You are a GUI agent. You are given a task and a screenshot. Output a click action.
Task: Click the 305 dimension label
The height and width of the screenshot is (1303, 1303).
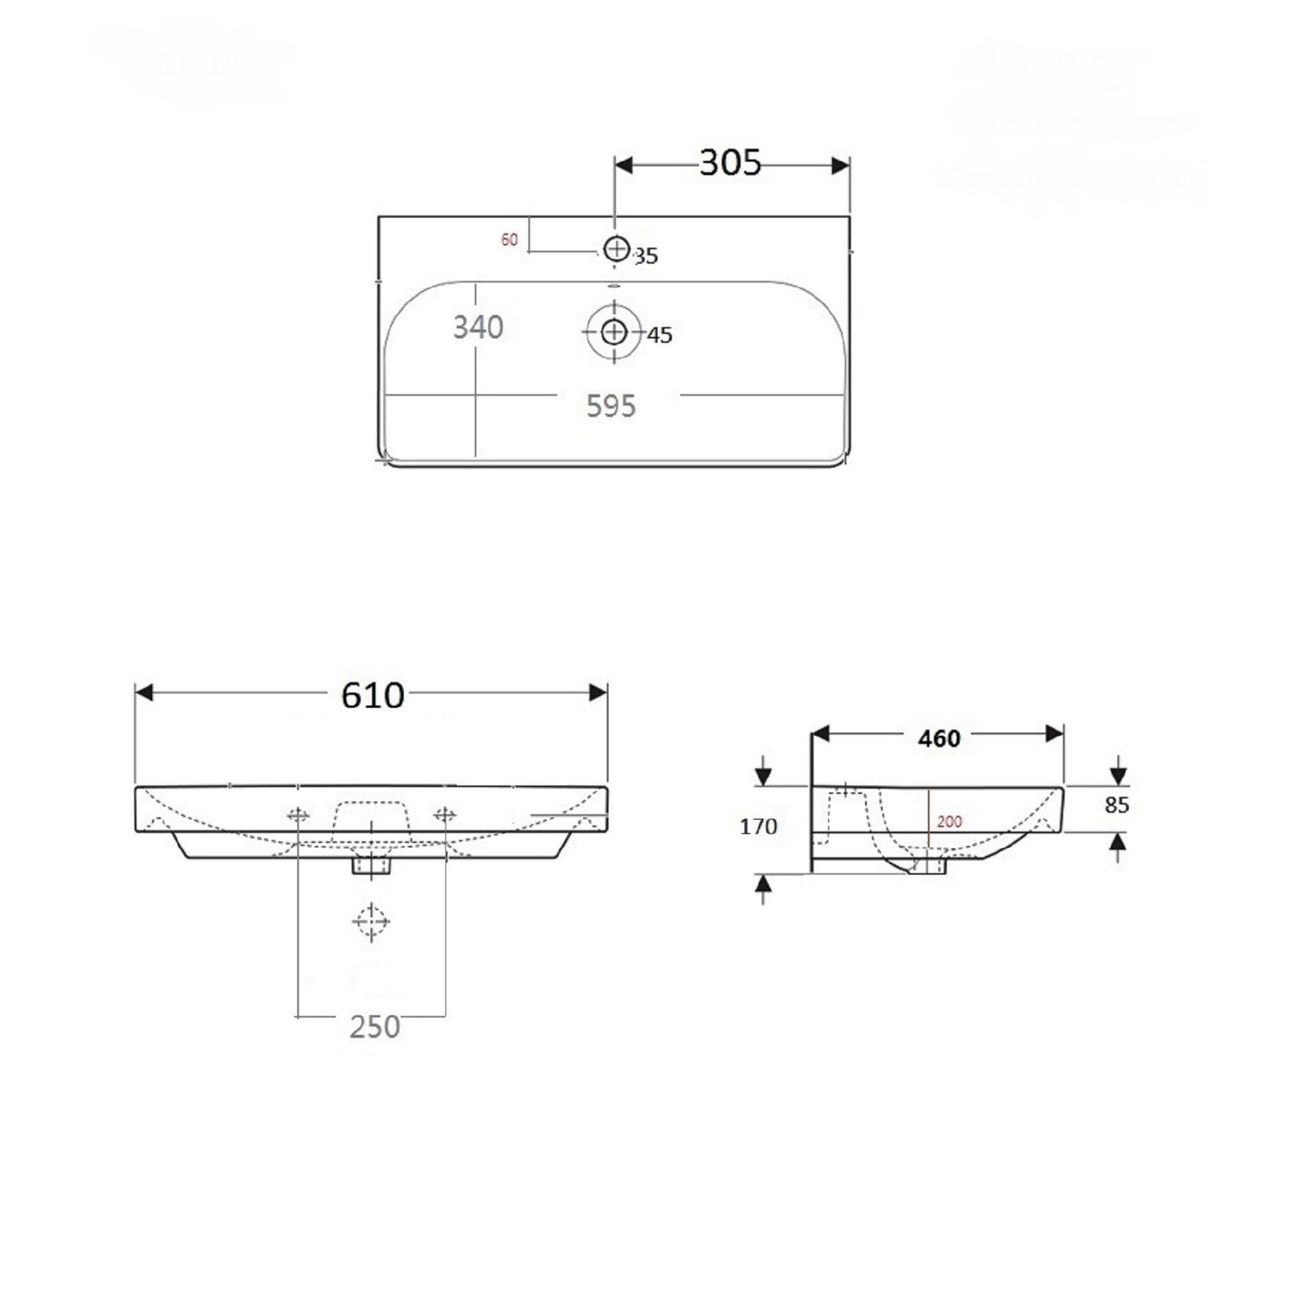(x=730, y=162)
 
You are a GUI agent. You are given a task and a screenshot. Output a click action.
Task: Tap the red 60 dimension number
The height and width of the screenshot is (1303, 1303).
(x=509, y=240)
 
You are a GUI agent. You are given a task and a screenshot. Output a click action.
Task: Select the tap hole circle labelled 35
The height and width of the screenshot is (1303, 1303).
(x=616, y=249)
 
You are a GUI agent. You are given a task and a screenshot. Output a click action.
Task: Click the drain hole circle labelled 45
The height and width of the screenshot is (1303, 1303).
(x=614, y=332)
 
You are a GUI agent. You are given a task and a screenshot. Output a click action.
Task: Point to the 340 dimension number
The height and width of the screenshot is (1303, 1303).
(x=478, y=327)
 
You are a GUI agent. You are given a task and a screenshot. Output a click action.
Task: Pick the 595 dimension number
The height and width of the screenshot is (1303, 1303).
(x=611, y=406)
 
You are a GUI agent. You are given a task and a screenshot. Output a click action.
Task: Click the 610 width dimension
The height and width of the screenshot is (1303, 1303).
(x=373, y=695)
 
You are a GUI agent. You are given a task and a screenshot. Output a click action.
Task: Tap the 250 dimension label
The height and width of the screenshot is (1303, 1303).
(x=374, y=1027)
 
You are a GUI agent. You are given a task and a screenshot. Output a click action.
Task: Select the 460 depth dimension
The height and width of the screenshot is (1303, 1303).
(x=939, y=738)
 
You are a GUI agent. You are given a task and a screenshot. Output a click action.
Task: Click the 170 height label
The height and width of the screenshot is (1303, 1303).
(x=757, y=826)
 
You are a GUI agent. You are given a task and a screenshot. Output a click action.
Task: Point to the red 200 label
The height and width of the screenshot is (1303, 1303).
(x=949, y=821)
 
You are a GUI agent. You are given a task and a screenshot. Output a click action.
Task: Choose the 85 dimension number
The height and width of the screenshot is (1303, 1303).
(x=1116, y=805)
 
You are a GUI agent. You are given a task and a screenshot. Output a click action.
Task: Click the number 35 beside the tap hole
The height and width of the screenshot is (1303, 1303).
(x=646, y=256)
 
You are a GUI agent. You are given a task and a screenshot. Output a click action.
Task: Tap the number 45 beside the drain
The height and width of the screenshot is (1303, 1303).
(x=660, y=335)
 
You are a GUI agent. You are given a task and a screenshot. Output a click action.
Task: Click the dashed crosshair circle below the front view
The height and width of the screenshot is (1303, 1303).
(x=372, y=921)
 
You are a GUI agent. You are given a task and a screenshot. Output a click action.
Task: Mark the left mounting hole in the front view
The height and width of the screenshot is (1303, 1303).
(x=298, y=814)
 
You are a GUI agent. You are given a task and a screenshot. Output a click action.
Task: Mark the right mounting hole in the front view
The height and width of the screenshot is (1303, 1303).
(x=445, y=814)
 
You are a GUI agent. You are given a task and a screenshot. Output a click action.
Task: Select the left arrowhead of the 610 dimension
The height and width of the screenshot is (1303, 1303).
(x=144, y=692)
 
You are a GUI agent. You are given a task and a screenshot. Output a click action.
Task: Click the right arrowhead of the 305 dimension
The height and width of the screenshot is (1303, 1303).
(x=840, y=165)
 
